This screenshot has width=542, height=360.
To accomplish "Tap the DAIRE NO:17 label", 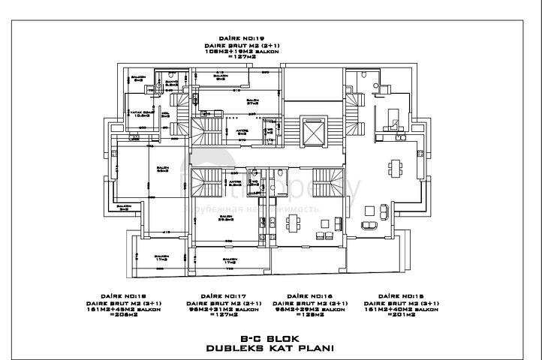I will (x=222, y=295).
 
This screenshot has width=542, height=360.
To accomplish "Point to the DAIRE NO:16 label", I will (x=310, y=295).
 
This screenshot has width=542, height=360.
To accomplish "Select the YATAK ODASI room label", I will (x=141, y=113).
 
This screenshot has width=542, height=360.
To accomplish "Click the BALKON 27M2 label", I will (x=252, y=101).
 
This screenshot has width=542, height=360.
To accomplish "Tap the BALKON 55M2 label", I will (x=162, y=170).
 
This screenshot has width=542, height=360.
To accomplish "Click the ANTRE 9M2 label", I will (x=242, y=132).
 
